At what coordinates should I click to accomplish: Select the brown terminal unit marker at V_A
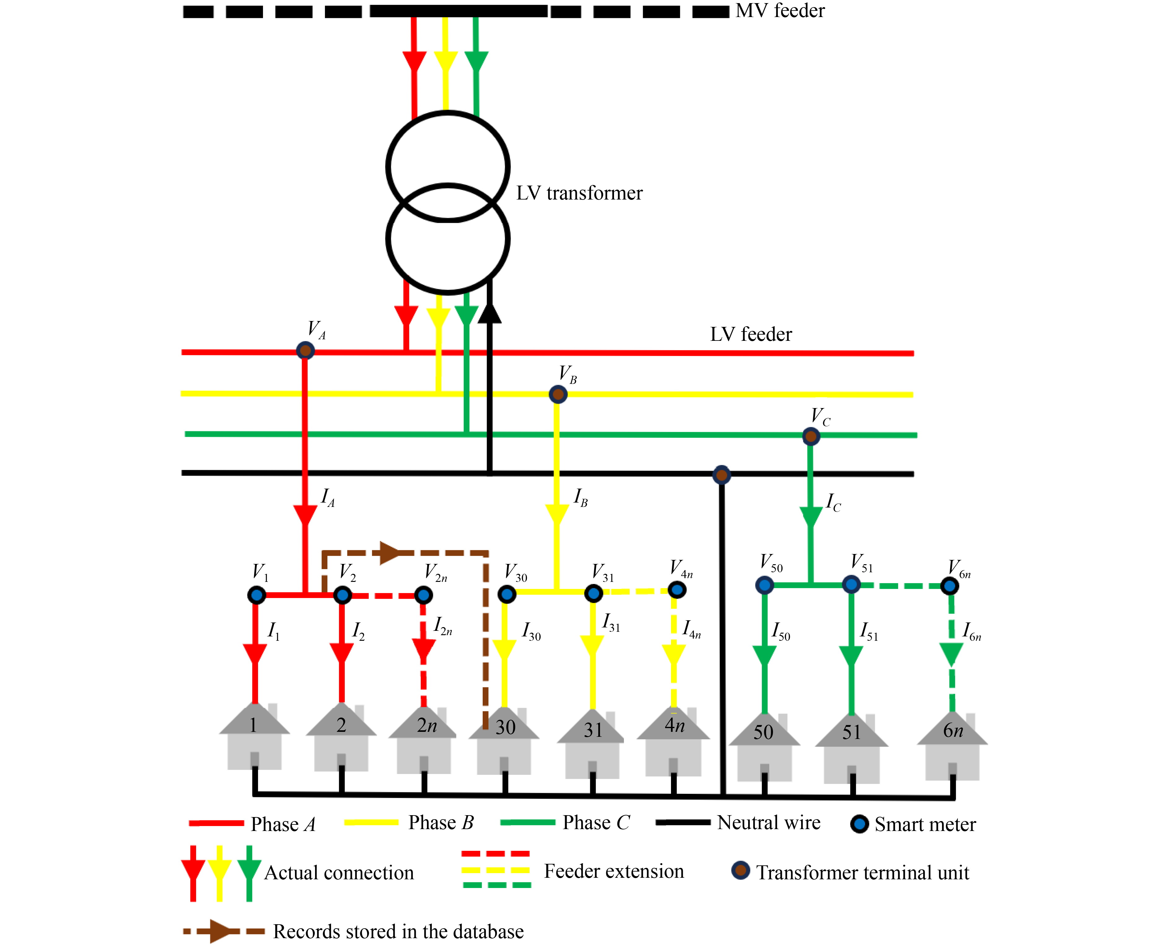pyautogui.click(x=305, y=350)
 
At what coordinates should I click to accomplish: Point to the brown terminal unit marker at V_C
pyautogui.click(x=811, y=436)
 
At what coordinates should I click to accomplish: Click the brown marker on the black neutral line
pyautogui.click(x=721, y=475)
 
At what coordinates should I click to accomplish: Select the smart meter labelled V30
pyautogui.click(x=507, y=594)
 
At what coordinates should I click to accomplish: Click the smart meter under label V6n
pyautogui.click(x=950, y=586)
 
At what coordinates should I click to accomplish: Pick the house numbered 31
pyautogui.click(x=591, y=744)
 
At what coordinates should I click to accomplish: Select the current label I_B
pyautogui.click(x=581, y=498)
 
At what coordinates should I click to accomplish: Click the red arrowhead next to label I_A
pyautogui.click(x=305, y=516)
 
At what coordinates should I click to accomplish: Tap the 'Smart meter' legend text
pyautogui.click(x=925, y=825)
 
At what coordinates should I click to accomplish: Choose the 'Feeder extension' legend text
pyautogui.click(x=614, y=871)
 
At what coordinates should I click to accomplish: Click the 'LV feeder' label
pyautogui.click(x=751, y=334)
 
